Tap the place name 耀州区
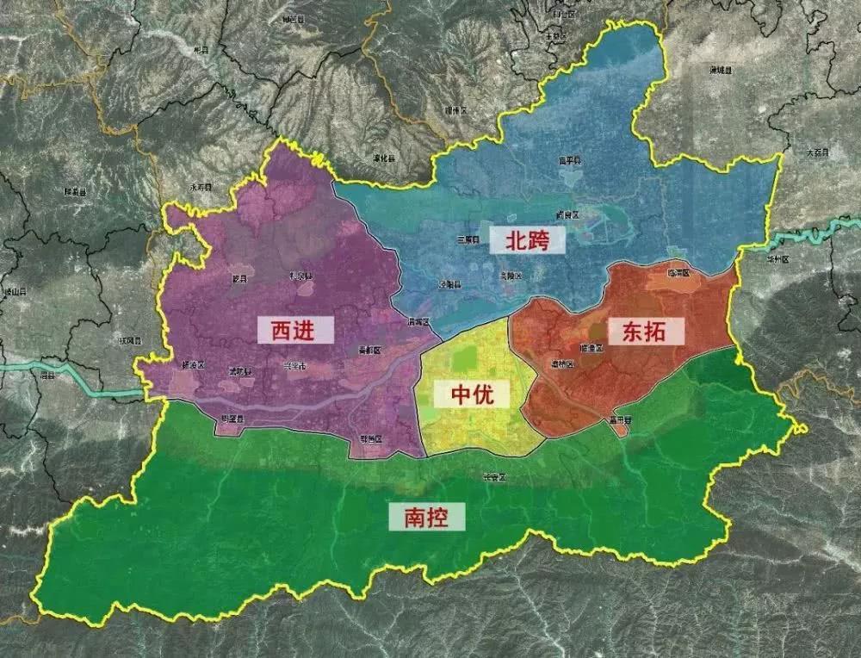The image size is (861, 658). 455,110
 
